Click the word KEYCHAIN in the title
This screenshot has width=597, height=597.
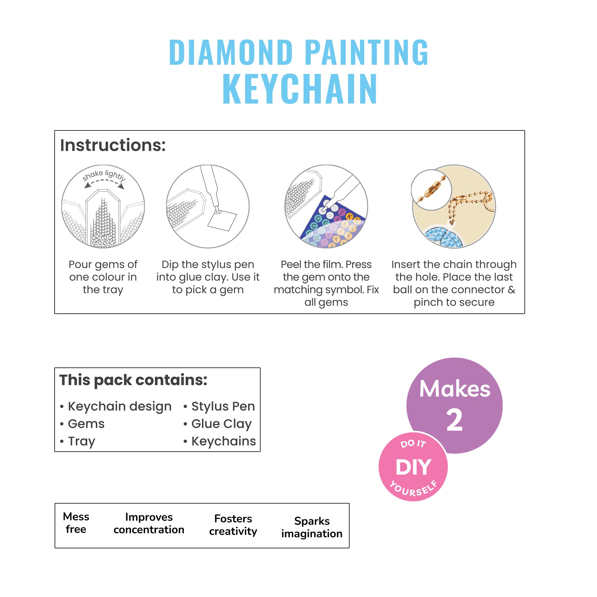point(299,89)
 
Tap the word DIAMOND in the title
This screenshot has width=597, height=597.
point(230,53)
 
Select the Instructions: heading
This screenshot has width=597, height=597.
point(113,145)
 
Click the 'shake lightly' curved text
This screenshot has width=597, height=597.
point(104,175)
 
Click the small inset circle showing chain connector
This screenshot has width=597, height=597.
point(431,190)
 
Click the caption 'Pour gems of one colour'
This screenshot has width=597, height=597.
point(103,277)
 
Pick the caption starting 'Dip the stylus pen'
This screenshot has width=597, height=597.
point(208,277)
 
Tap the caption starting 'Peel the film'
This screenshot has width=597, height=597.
point(326,283)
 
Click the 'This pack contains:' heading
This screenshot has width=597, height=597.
point(133,380)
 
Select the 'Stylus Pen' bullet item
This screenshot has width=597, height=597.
point(223,406)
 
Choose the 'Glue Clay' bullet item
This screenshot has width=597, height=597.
point(221,424)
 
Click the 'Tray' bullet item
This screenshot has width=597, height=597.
point(81,441)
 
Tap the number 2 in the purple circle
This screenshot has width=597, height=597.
point(454,420)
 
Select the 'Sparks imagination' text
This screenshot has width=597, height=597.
point(312,527)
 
